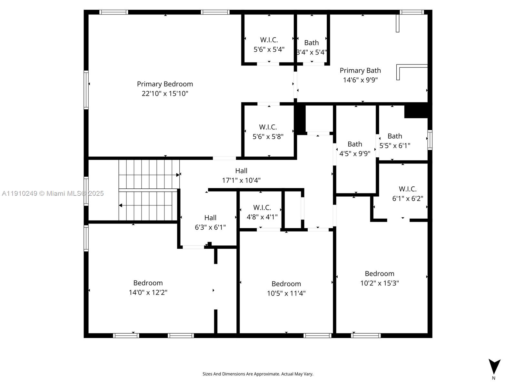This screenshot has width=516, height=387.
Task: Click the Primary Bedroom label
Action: [x=165, y=84]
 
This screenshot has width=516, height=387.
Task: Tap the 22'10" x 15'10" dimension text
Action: [x=165, y=94]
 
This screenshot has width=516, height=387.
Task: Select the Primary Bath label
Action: [x=360, y=70]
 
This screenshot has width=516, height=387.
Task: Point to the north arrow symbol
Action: [x=494, y=366]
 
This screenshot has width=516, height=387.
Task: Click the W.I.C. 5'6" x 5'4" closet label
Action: [x=269, y=45]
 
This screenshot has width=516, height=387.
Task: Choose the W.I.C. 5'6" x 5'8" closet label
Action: [x=268, y=132]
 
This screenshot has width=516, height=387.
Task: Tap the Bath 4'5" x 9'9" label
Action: [x=355, y=149]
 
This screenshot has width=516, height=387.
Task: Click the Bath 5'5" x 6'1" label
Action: [x=395, y=141]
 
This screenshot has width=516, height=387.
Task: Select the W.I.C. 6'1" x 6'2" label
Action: [x=408, y=193]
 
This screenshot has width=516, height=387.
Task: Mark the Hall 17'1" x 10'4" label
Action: [x=241, y=175]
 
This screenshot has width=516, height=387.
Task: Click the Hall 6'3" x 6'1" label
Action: [x=210, y=223]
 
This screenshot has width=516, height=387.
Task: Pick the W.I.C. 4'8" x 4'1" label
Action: [x=262, y=212]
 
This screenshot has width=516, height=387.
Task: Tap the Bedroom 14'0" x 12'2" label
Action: [x=148, y=288]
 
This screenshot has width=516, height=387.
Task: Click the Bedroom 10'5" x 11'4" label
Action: [x=286, y=288]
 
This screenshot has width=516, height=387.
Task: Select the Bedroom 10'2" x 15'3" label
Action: [x=379, y=278]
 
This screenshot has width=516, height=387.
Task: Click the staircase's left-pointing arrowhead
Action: [x=121, y=205]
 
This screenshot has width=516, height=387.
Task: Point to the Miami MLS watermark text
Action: [x=53, y=193]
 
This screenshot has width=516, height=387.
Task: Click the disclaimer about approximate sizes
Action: [x=258, y=374]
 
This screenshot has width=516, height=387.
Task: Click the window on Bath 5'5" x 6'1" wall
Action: [x=430, y=140]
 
